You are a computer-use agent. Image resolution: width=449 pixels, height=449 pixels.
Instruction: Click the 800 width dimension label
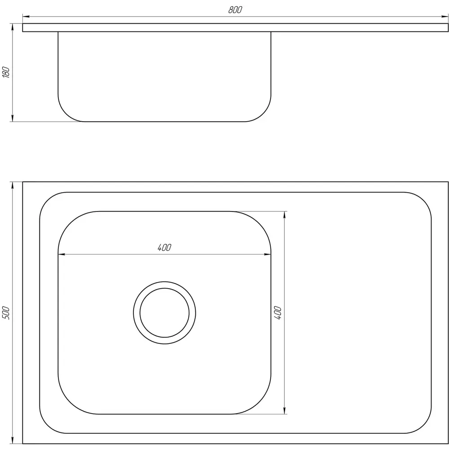click(235, 10)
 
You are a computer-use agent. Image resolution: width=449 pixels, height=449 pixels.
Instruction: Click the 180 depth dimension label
click(6, 72)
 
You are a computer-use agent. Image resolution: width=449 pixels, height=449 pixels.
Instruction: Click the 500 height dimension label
click(6, 313)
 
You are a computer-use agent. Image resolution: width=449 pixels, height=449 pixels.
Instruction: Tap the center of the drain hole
click(164, 313)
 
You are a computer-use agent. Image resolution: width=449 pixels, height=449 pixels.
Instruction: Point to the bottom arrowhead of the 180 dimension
click(12, 118)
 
